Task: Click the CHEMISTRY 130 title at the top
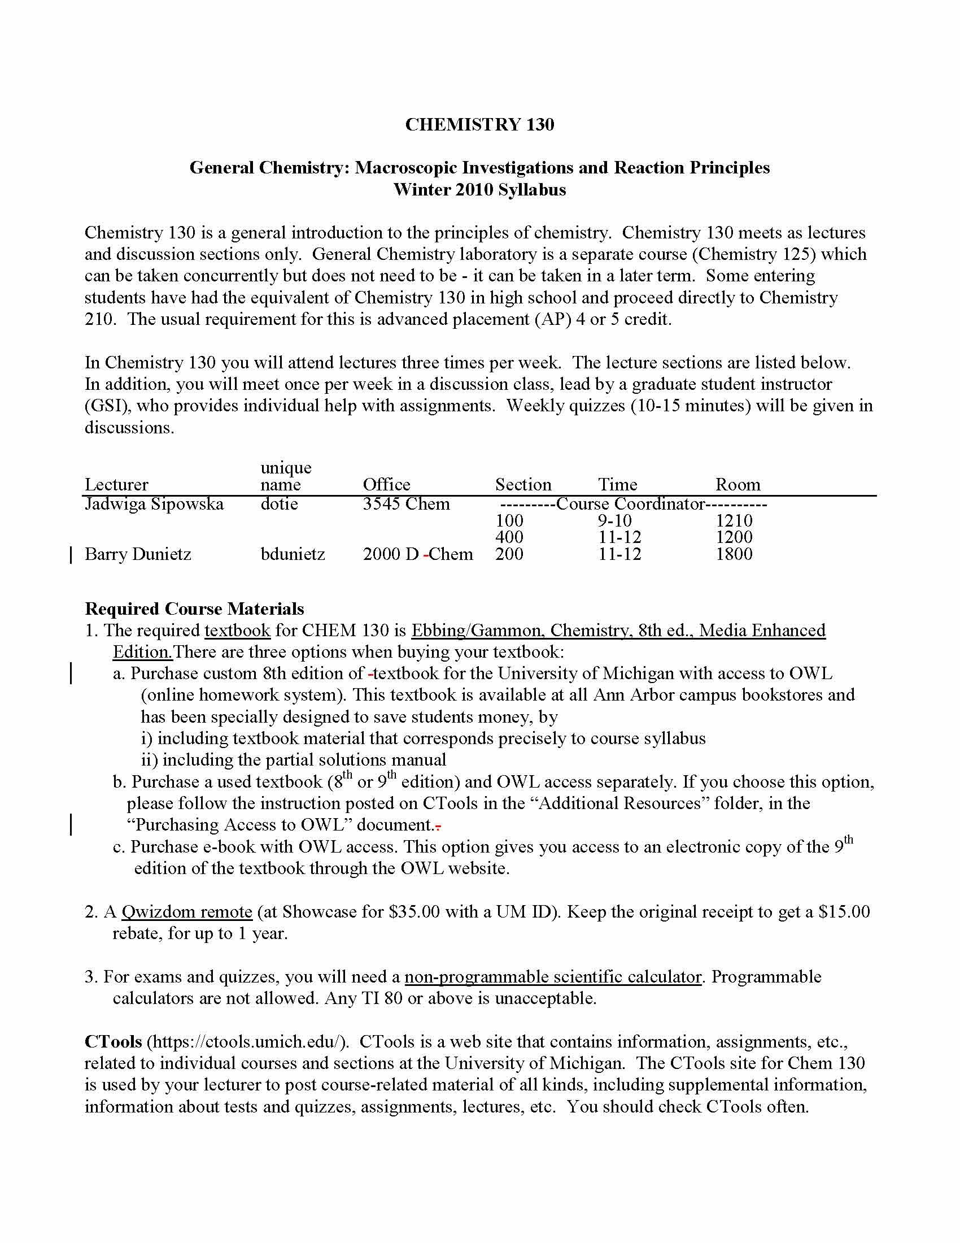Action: point(479,125)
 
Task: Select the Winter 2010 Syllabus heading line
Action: point(479,189)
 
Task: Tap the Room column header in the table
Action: point(738,484)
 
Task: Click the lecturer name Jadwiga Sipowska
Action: point(154,503)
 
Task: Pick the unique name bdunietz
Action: point(293,554)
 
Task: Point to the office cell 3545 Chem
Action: point(406,503)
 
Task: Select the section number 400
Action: point(509,537)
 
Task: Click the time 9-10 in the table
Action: point(614,520)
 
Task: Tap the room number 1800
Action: point(734,554)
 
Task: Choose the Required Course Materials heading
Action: point(194,609)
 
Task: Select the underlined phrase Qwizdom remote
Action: point(186,912)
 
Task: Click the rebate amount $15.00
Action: point(844,912)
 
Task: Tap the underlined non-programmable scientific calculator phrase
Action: point(553,977)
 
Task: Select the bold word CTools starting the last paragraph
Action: point(113,1041)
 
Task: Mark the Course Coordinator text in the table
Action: point(631,503)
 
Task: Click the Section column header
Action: point(523,484)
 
